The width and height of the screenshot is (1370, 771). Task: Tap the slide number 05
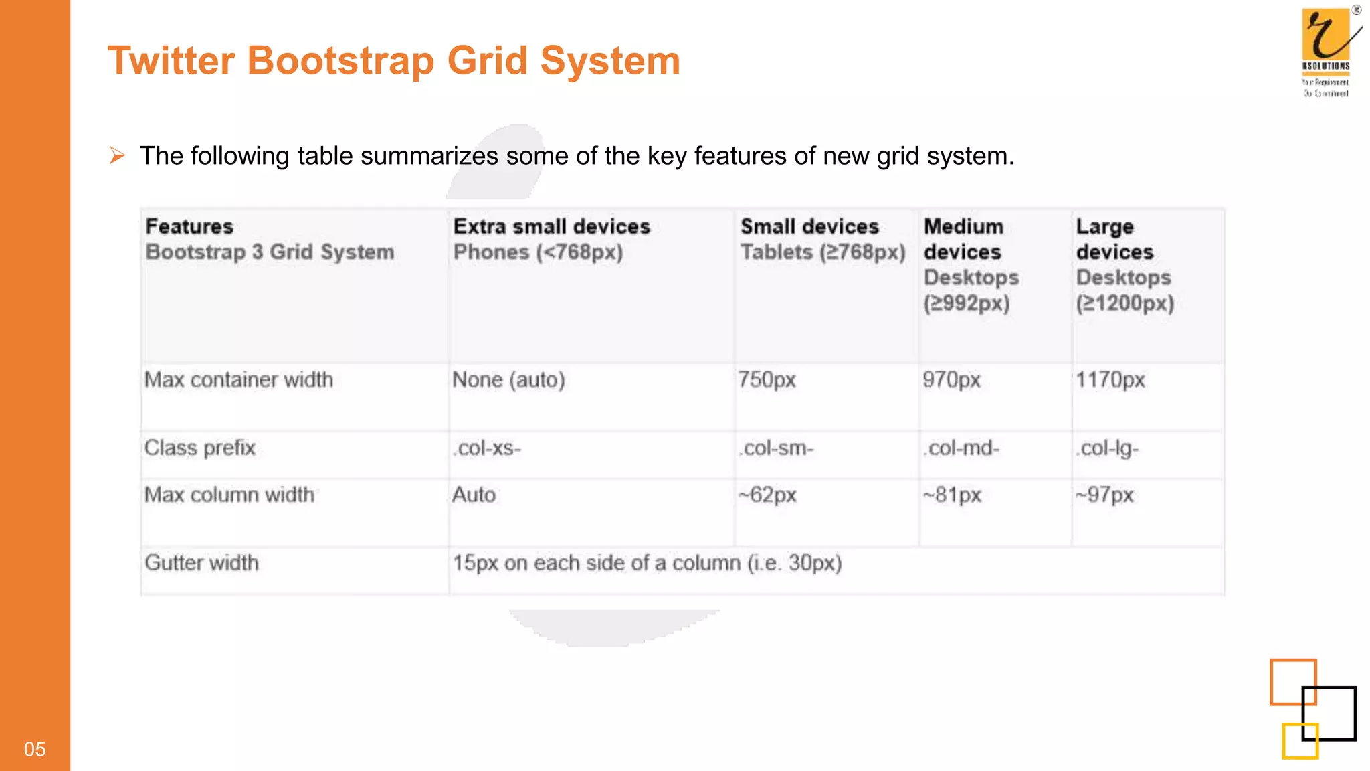point(35,749)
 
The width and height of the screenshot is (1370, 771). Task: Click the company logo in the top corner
point(1328,51)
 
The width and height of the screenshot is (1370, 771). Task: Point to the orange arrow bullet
point(118,155)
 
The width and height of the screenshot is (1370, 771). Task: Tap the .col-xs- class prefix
point(486,448)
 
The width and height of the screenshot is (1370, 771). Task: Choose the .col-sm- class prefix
point(776,448)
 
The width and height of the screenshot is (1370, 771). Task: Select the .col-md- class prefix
point(961,448)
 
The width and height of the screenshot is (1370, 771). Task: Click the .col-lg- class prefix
point(1106,448)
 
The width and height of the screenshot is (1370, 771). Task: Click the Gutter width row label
point(201,563)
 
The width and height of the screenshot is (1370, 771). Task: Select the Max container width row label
point(239,380)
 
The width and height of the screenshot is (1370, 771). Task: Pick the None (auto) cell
point(508,380)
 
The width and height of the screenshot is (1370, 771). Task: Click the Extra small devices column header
point(551,227)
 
